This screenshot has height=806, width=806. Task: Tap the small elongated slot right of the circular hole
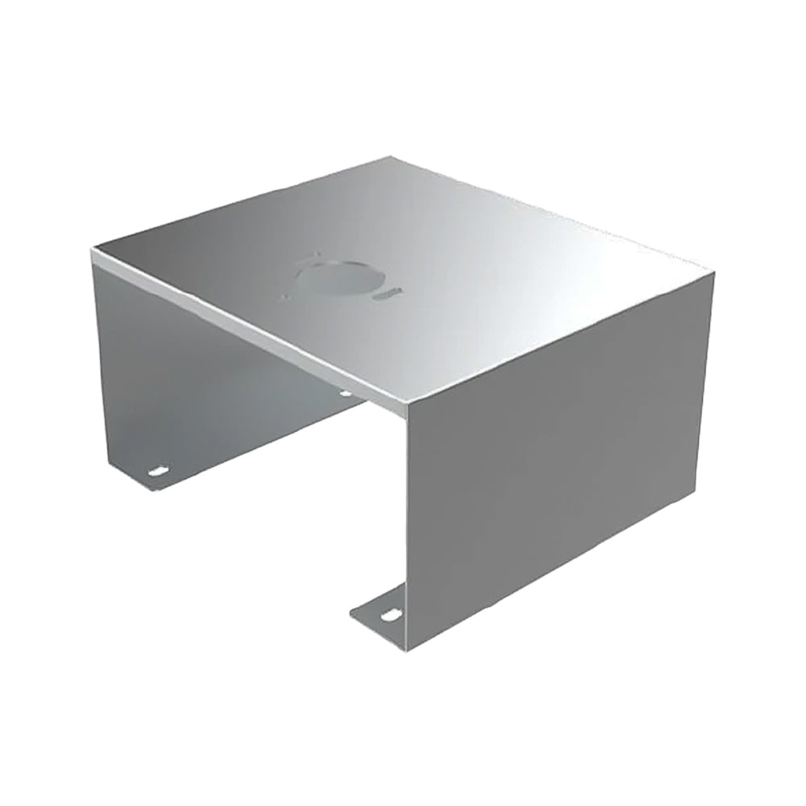click(394, 294)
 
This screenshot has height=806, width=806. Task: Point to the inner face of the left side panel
click(201, 379)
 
